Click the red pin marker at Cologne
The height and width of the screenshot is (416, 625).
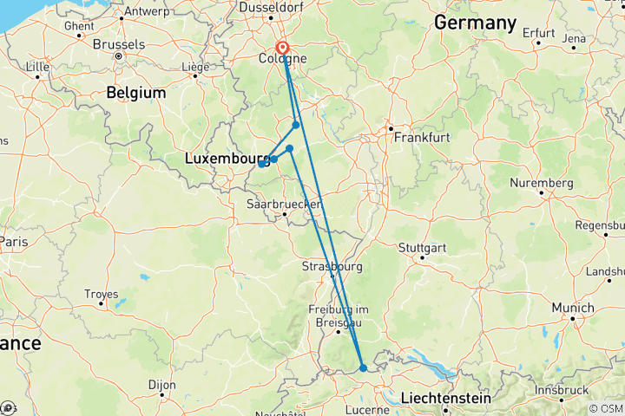point(283,49)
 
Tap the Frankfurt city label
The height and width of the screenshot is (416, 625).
point(420,137)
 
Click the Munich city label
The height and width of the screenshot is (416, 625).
point(574,308)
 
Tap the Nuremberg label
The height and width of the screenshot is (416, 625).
point(543,184)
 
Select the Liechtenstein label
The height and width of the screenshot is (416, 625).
point(446,398)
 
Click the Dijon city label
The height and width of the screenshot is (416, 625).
point(161,385)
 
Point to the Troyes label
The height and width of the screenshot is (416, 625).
point(101,294)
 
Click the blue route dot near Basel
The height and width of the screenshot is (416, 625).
point(363,368)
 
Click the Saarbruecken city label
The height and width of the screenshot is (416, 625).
point(284,204)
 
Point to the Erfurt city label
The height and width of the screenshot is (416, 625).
point(538,32)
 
